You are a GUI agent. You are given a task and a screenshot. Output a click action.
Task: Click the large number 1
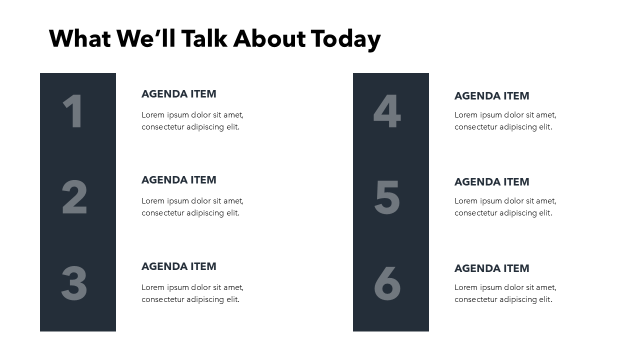coord(73,111)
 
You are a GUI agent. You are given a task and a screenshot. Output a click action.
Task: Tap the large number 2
coord(74,197)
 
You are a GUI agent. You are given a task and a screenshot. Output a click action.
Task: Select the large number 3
coord(74,283)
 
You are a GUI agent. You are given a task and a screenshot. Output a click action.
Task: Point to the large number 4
coord(387,111)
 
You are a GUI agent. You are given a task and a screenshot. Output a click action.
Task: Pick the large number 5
coord(387,197)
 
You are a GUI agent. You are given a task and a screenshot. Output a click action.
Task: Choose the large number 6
coord(387,283)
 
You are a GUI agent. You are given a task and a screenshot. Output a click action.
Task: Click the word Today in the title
coord(345,39)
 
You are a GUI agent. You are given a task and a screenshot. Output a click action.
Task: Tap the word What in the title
coord(79,39)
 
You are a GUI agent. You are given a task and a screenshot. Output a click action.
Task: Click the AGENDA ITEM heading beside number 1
coord(178,94)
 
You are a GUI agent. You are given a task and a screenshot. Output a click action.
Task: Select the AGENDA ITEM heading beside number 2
coord(178,180)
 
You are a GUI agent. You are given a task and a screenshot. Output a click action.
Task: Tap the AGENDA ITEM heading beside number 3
coord(178,266)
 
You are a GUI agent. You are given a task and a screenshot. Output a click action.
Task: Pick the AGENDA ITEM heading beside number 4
coord(491,96)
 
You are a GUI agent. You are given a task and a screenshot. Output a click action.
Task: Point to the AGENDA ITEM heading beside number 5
coord(491,182)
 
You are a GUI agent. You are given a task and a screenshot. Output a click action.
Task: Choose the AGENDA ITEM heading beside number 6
coord(491,268)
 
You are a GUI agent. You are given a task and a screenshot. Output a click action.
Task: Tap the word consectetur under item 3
coord(163,299)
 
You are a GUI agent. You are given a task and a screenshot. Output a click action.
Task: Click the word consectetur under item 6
coord(476,299)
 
